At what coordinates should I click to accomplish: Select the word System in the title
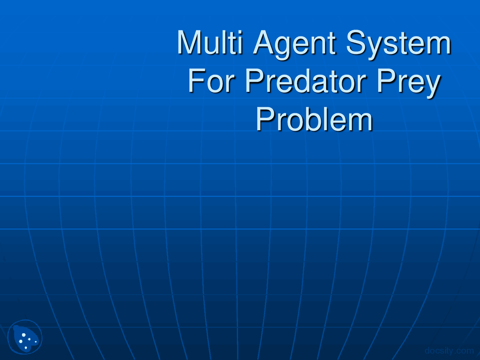click(398, 44)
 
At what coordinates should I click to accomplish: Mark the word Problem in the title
click(314, 119)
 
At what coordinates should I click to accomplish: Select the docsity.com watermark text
click(449, 351)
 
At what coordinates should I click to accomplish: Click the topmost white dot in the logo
click(24, 334)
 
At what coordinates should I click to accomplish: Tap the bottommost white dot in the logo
click(25, 348)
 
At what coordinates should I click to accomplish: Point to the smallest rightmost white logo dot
click(36, 342)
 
